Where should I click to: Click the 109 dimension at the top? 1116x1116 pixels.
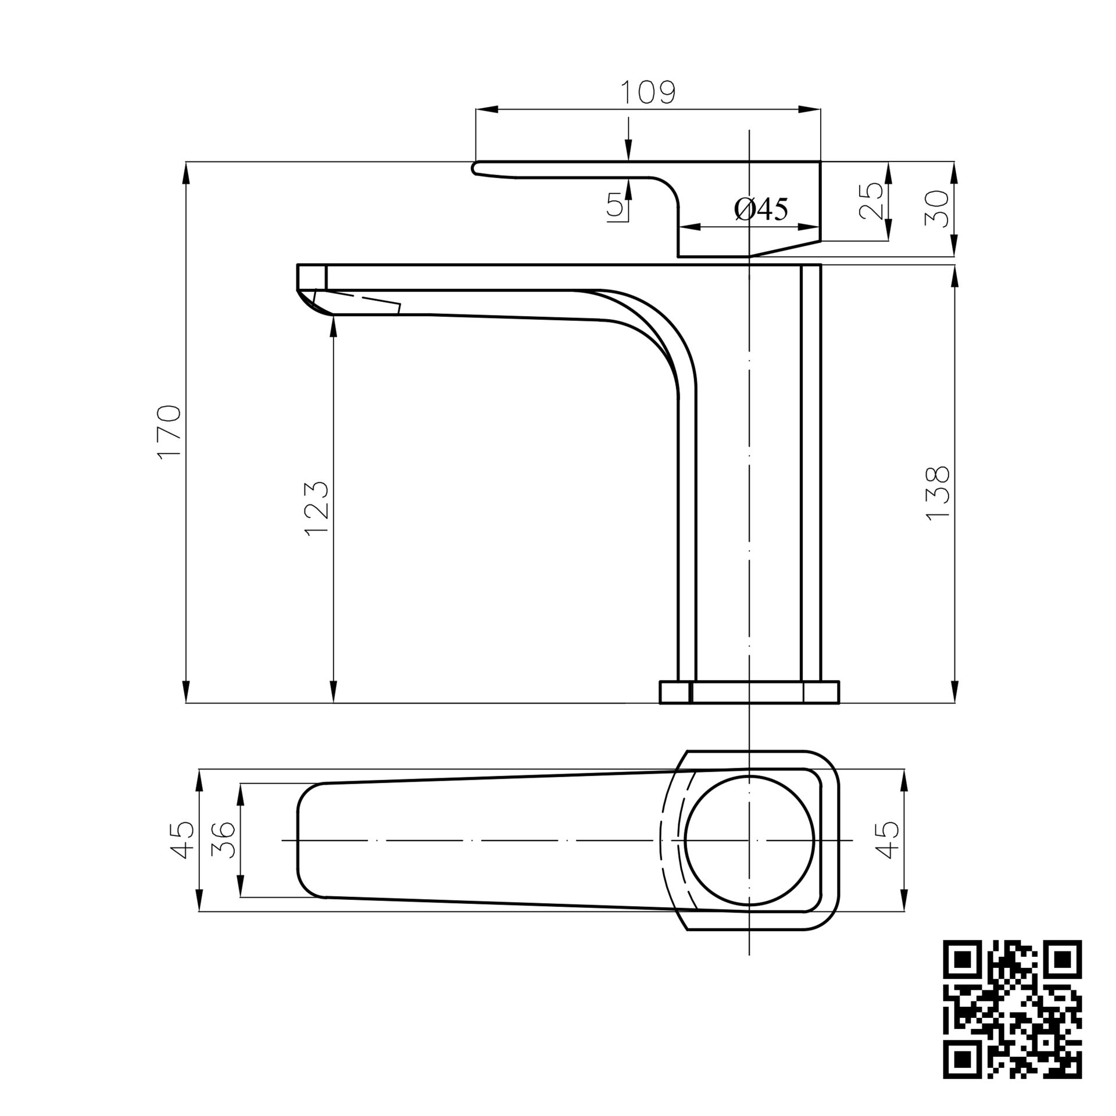[648, 93]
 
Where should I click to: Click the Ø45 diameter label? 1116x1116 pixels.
[761, 209]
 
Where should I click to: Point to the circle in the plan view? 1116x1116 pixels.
[750, 840]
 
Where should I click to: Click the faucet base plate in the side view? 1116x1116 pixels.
[750, 692]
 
